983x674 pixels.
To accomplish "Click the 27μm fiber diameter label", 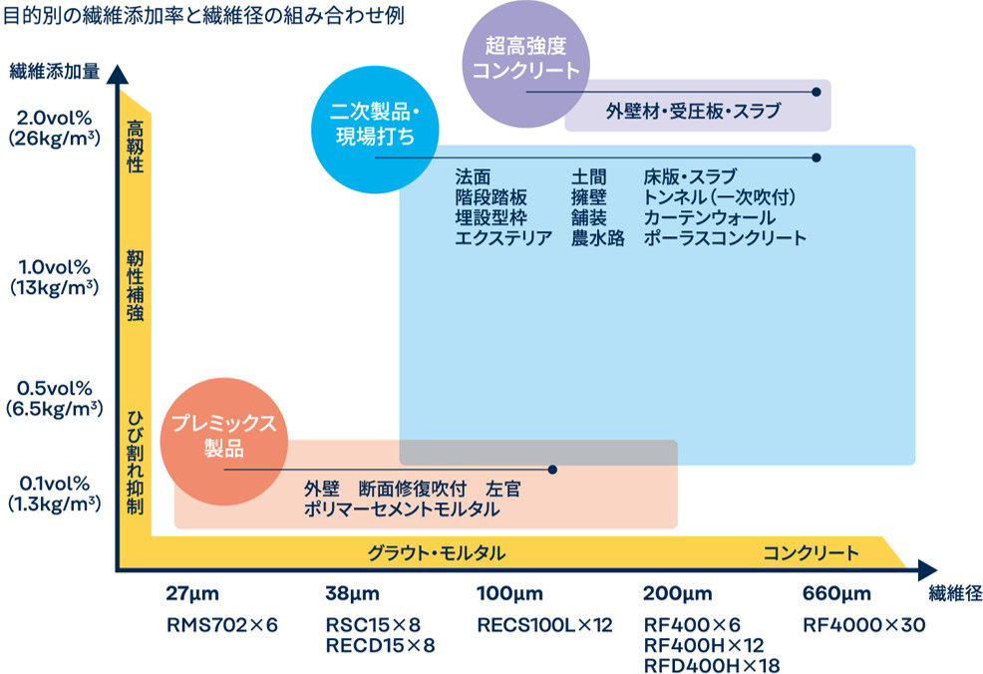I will click(x=191, y=595).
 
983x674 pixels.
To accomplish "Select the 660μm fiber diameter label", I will click(x=836, y=595).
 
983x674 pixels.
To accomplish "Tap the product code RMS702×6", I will click(x=221, y=626).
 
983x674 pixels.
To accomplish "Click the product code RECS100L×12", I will click(x=544, y=626).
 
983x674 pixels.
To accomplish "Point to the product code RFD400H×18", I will click(x=712, y=665).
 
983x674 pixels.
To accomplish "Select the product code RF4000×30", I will click(x=864, y=626).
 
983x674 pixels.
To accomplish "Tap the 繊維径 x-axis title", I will click(x=954, y=595).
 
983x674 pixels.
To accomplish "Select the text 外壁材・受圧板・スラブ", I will click(x=693, y=111).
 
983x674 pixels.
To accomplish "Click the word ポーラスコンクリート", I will click(x=725, y=238).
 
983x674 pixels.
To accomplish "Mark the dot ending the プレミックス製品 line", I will click(x=553, y=469).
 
